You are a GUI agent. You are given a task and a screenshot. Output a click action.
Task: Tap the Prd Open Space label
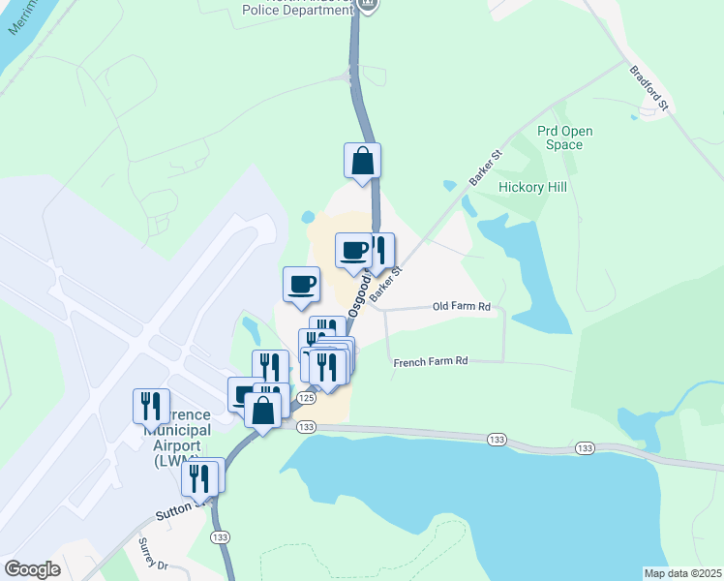point(564,138)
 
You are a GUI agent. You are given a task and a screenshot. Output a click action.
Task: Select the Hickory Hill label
point(531,187)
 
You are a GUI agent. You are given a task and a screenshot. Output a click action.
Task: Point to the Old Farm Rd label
point(462,307)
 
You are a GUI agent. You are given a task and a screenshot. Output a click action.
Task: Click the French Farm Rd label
point(431,361)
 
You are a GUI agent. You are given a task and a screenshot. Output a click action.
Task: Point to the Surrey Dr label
point(153,554)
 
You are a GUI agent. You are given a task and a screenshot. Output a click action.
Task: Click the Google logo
point(33,569)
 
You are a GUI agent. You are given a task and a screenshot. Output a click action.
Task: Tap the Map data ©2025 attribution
point(681,572)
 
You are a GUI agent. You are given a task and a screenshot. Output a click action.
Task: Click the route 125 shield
point(306,398)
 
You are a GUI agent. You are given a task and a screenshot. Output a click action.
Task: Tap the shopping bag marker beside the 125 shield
point(263,409)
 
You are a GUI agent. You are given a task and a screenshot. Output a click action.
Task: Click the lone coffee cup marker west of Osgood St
point(301,284)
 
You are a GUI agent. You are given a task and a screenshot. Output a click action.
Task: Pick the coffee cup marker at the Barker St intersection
point(354,251)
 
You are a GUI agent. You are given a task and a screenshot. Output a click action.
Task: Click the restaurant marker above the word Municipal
point(151,406)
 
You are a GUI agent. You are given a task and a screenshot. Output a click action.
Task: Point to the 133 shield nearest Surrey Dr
point(221,536)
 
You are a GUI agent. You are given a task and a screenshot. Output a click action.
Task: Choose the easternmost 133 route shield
point(585,448)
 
